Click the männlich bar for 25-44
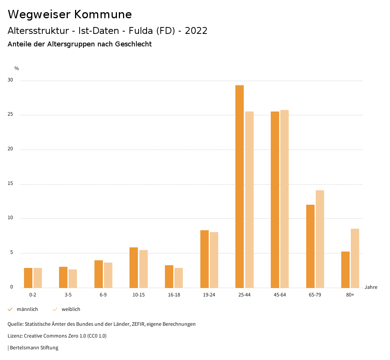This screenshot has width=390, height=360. (x=240, y=186)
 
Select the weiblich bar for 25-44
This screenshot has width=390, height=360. (x=249, y=199)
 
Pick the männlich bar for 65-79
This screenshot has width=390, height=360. (x=310, y=246)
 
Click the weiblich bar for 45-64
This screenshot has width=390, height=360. (x=285, y=199)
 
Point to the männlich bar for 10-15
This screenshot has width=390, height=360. (x=134, y=268)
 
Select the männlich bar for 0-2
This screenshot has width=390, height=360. (x=28, y=278)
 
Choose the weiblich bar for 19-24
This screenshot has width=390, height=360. (x=214, y=260)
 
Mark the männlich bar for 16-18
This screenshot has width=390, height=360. (x=169, y=276)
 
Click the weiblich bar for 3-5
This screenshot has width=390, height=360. (x=73, y=279)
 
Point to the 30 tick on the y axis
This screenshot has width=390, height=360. (x=10, y=80)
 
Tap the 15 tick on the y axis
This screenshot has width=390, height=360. (x=10, y=184)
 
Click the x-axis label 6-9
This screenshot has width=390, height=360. (x=103, y=295)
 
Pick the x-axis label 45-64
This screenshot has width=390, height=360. (x=280, y=295)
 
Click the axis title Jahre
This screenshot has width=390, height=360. (x=371, y=287)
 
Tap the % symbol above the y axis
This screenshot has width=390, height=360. (x=16, y=68)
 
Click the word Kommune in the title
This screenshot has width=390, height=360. (x=103, y=14)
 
